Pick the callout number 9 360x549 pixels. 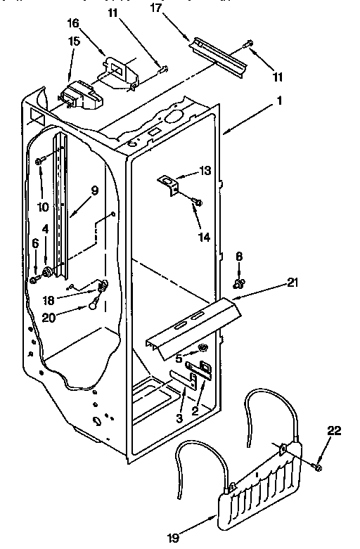94,190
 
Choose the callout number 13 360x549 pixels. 204,170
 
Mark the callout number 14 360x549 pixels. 204,237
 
